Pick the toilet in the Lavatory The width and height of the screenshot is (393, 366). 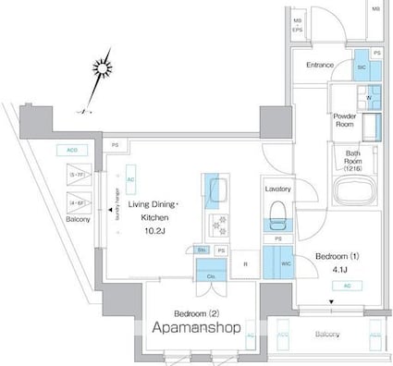(276, 217)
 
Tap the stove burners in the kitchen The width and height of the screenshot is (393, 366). (219, 224)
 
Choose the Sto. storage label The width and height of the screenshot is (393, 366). (202, 250)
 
